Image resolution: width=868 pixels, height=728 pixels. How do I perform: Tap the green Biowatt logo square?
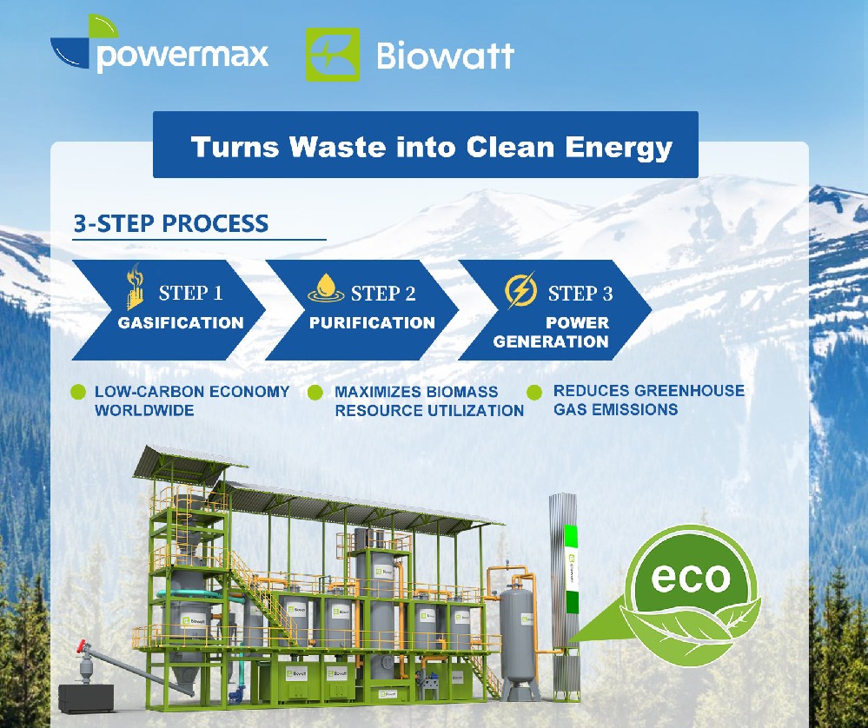click(332, 55)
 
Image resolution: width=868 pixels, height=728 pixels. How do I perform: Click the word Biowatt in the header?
click(445, 56)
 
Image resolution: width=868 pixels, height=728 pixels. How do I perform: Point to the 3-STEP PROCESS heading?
click(171, 223)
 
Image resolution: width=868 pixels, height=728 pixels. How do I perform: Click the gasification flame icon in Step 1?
click(136, 288)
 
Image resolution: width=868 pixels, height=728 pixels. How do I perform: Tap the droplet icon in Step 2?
click(326, 288)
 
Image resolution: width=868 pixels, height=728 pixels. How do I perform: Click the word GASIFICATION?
click(181, 323)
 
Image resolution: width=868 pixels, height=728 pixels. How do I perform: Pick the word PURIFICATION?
click(372, 323)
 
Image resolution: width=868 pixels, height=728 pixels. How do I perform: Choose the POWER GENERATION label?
click(551, 332)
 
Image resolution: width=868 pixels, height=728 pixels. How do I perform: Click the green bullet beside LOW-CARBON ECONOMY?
click(78, 392)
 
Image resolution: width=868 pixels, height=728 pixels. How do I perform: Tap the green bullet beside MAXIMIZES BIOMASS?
click(315, 393)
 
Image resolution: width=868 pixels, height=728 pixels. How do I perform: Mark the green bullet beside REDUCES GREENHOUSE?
click(535, 393)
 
